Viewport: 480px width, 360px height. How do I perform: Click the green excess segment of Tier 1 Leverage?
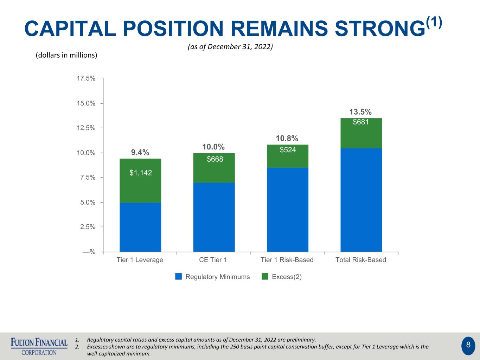140,181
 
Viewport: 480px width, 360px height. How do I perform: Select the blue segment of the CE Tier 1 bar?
214,217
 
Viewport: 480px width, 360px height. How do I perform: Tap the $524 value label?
288,150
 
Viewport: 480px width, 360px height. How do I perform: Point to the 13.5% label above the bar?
360,112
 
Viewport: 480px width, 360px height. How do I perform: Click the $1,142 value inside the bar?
141,173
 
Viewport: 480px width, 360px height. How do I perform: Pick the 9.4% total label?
140,152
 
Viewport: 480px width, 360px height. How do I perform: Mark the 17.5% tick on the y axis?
86,78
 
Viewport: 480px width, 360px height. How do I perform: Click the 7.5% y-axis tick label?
88,177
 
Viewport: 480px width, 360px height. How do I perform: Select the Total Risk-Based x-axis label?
361,260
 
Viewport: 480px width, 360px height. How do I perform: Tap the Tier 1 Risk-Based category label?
287,260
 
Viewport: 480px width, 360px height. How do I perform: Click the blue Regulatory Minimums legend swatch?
178,276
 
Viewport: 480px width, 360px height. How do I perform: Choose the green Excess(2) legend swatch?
265,276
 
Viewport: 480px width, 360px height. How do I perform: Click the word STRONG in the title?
380,28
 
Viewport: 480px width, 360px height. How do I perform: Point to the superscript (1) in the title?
434,23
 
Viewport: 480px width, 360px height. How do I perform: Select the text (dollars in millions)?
66,55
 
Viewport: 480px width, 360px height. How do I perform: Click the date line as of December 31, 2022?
230,47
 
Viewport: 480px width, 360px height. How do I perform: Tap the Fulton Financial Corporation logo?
39,346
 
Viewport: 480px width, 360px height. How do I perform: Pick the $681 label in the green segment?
361,122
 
